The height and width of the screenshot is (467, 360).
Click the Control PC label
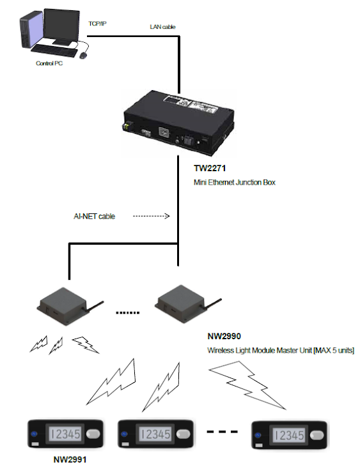(x=49, y=63)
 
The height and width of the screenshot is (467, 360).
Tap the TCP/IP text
(x=97, y=24)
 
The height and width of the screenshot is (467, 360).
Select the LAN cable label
(x=162, y=27)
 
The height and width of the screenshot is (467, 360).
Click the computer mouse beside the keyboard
(x=83, y=55)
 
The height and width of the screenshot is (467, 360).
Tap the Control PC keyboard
(x=54, y=51)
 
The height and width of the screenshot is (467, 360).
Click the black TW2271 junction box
(x=178, y=123)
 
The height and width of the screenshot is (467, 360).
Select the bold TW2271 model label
(x=210, y=168)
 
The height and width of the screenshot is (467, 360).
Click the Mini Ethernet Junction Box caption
(x=235, y=182)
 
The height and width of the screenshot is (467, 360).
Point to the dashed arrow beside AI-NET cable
(x=151, y=216)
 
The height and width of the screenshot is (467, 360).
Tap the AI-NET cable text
(x=94, y=216)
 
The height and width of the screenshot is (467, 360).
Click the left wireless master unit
(x=66, y=306)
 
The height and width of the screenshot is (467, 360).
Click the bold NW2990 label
(x=224, y=336)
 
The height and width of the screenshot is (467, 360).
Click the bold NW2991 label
(x=70, y=459)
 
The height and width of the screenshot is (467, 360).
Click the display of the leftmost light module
(x=65, y=434)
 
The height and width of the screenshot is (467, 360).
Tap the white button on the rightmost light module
(x=317, y=436)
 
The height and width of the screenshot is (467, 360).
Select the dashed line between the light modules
(x=223, y=432)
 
